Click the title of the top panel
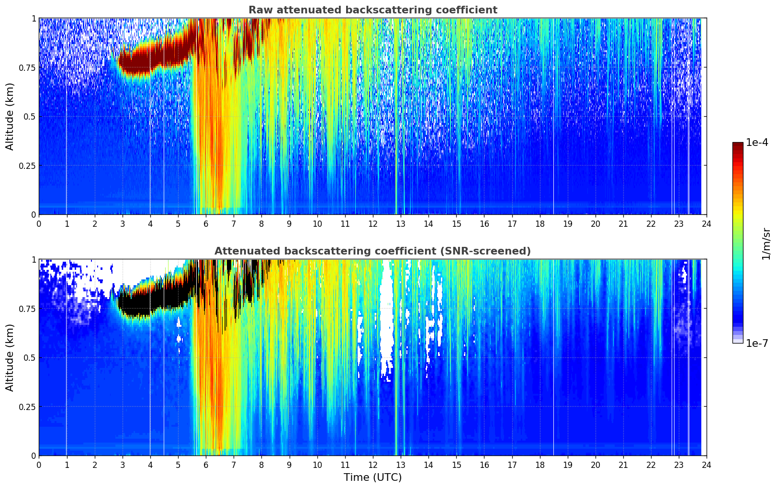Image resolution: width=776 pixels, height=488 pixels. tap(372, 10)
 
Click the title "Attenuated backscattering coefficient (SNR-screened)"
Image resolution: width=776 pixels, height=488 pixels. tap(372, 251)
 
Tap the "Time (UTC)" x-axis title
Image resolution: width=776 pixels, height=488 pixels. tap(372, 477)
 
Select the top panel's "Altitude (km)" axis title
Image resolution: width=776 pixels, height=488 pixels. tap(10, 116)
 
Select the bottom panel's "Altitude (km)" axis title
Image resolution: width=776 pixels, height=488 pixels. tap(10, 357)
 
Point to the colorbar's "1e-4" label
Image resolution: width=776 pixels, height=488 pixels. tap(757, 143)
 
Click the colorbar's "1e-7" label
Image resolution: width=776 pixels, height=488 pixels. tap(757, 343)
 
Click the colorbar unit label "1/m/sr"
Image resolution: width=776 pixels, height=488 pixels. tap(766, 244)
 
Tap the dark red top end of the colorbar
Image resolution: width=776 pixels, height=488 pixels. tap(738, 144)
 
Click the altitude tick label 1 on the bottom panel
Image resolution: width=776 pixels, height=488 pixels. tap(34, 259)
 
